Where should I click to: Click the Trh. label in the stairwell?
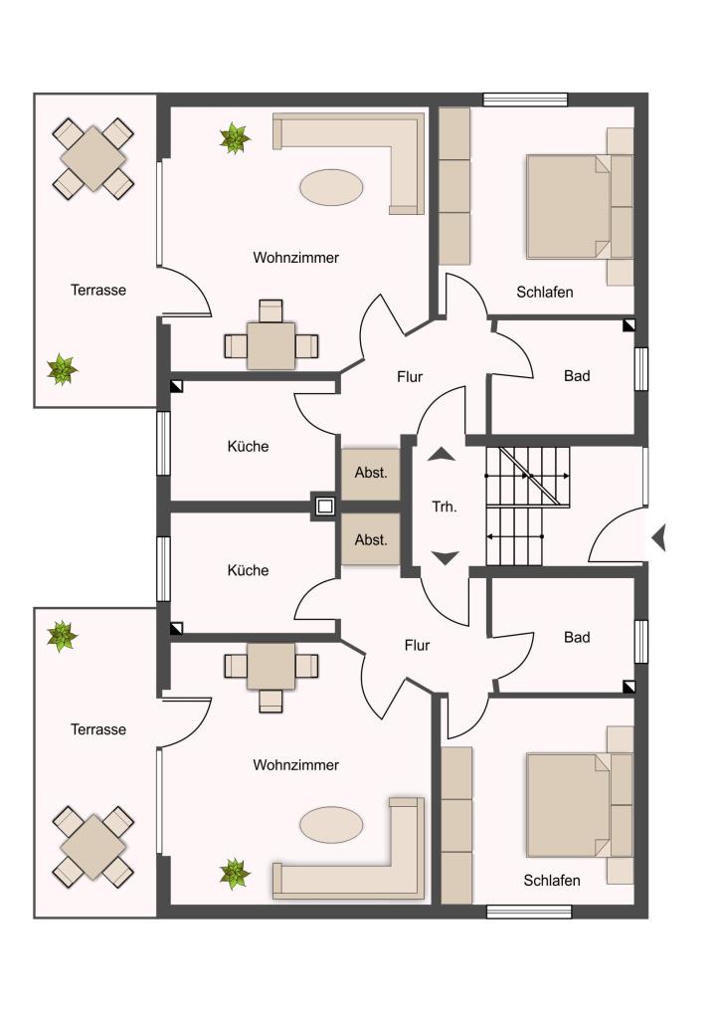point(445,507)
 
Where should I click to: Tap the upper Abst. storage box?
point(371,474)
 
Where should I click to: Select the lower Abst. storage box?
point(371,539)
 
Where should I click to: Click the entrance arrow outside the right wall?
point(658,538)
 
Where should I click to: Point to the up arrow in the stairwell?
point(442,454)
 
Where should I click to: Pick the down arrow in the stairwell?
point(446,557)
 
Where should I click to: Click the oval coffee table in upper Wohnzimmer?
point(331,187)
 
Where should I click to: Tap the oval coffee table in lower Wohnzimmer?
point(331,825)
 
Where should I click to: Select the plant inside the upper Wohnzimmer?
point(235,138)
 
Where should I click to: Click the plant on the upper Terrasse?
point(62,369)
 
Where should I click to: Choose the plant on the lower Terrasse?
point(62,636)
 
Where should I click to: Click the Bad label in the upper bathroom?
point(577,375)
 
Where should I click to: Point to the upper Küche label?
point(248,447)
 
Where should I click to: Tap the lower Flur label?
point(417,645)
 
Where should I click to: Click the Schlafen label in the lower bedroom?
point(552,881)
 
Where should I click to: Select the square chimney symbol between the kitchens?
point(324,506)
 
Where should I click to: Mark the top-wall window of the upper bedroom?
point(525,100)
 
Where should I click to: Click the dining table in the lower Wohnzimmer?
point(270,666)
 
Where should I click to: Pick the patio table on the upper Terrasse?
point(93,158)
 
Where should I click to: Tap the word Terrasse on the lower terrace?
point(98,729)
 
